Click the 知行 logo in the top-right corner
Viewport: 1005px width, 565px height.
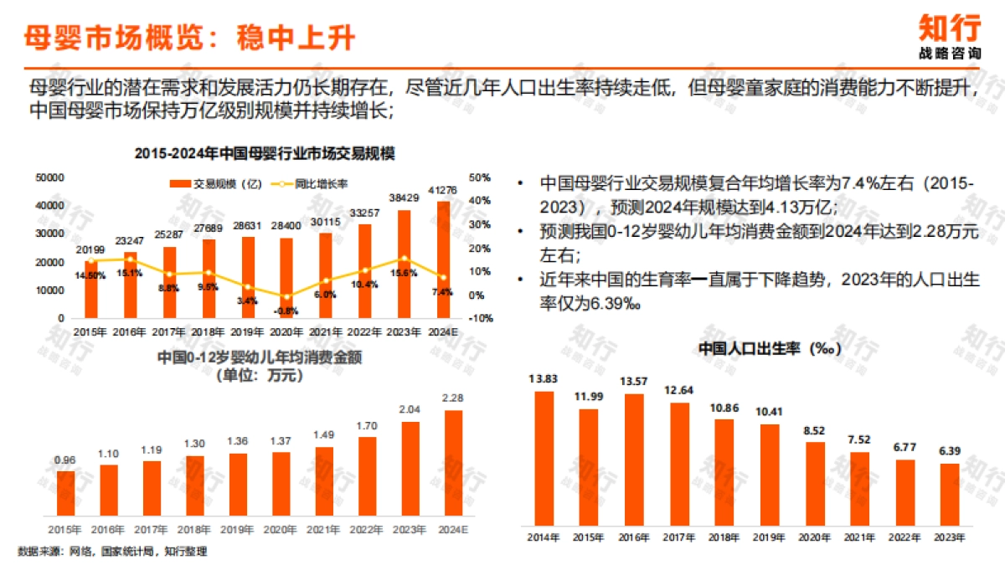949,35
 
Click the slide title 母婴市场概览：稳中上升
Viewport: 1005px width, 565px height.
188,38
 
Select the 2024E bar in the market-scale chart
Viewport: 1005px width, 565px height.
443,259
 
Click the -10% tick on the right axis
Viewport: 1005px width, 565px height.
479,319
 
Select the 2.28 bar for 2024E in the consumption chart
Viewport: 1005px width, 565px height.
452,462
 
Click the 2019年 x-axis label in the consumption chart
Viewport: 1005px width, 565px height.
237,530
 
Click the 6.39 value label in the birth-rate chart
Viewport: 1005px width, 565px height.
949,451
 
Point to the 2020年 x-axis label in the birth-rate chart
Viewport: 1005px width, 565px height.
814,537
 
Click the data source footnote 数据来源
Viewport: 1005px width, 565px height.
112,552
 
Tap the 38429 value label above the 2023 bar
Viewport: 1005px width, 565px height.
404,198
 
